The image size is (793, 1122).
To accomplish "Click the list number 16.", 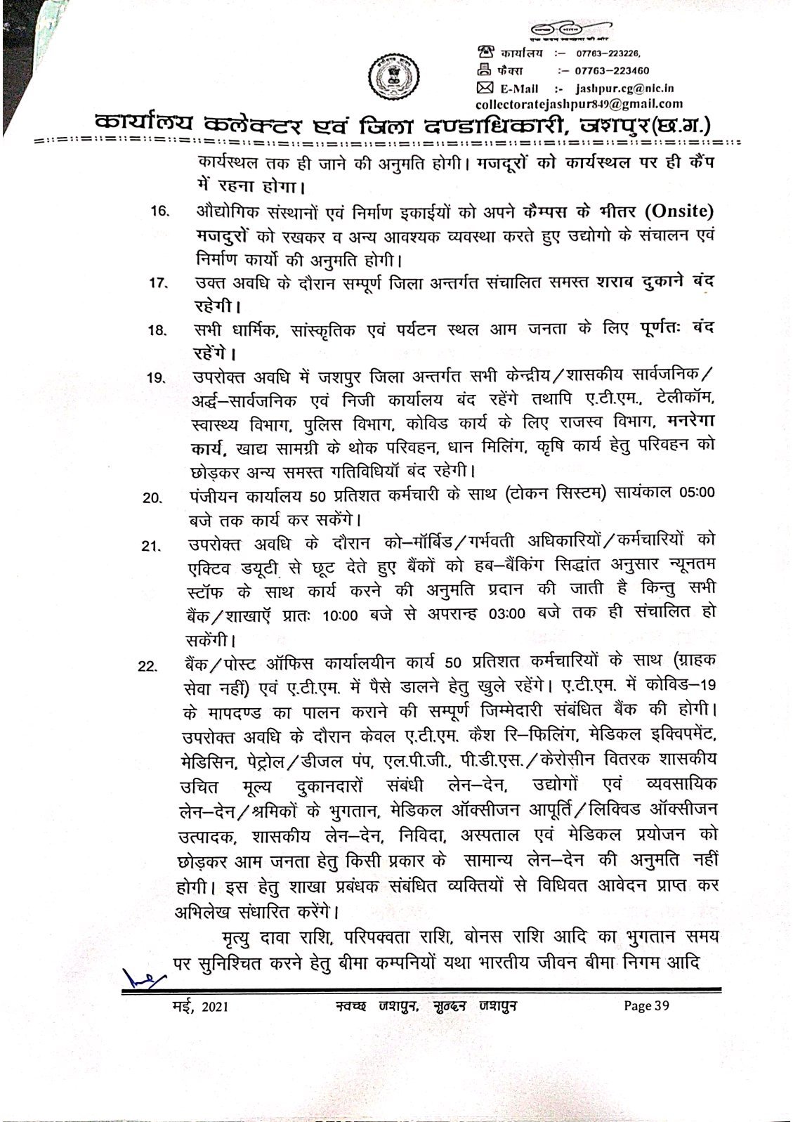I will (x=159, y=211).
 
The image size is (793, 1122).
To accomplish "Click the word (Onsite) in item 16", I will (x=676, y=211).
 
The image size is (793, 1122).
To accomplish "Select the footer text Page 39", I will (x=647, y=1006).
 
